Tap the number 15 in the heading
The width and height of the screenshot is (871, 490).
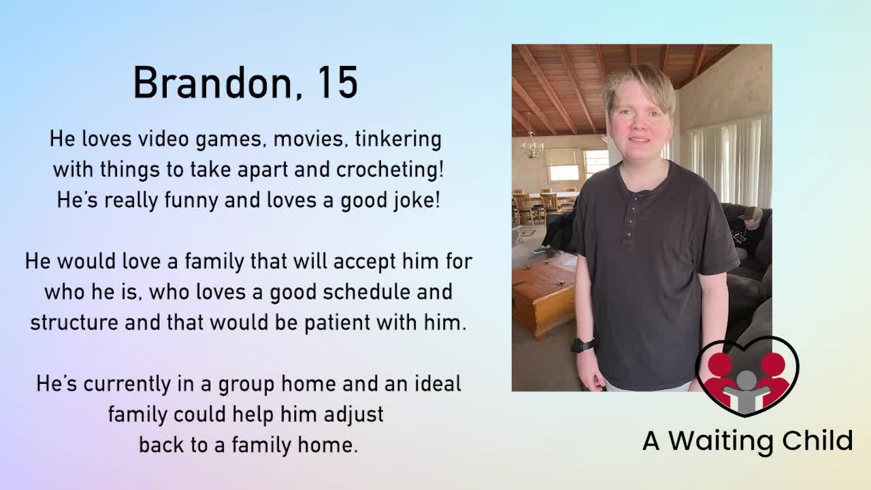(336, 84)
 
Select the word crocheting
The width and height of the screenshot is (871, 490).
(389, 169)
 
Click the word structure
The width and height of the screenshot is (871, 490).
(74, 322)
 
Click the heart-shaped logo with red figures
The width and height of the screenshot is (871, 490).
(746, 376)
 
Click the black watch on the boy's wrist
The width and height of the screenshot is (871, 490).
(582, 345)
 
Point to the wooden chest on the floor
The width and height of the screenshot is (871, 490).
(544, 293)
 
